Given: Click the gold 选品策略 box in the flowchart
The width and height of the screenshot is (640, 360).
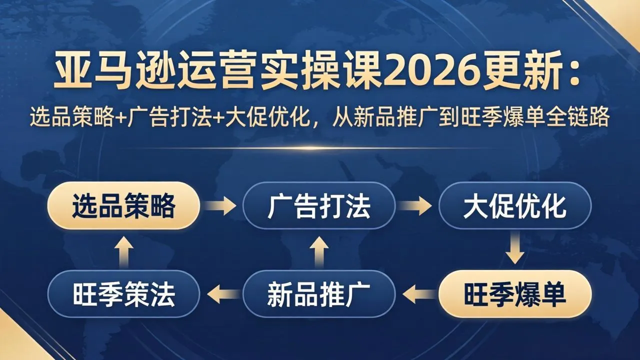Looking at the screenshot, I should [x=123, y=205].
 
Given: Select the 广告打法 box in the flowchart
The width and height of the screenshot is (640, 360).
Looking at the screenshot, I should [x=319, y=205].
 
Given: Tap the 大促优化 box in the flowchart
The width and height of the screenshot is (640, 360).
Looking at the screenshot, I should [x=514, y=205].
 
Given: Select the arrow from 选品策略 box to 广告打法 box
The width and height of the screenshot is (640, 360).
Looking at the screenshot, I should [x=221, y=205].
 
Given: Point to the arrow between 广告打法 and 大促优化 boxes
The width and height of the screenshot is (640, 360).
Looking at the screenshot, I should [x=417, y=205].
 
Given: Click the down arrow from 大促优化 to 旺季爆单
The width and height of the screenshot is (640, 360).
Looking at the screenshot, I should [x=514, y=250].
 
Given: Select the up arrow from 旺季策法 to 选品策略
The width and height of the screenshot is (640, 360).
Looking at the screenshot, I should [x=123, y=250].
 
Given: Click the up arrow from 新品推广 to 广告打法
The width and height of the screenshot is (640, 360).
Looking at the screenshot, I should [x=319, y=250].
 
